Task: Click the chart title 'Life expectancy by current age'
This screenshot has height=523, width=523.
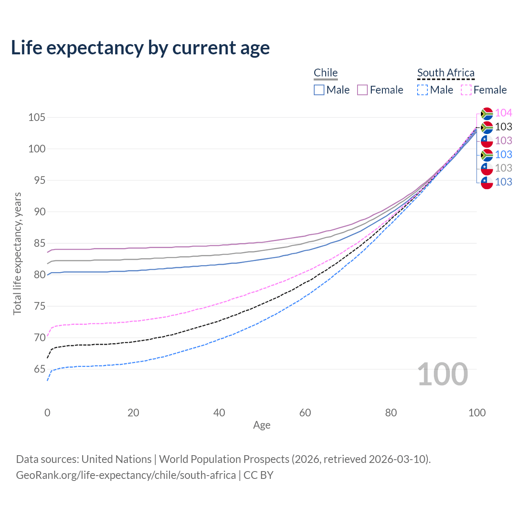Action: click(x=140, y=48)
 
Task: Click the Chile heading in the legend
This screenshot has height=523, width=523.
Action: click(x=326, y=73)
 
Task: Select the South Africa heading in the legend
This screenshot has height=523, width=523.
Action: click(x=446, y=73)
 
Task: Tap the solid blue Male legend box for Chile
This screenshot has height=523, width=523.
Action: click(x=319, y=90)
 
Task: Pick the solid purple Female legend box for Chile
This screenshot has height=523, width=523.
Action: click(x=362, y=90)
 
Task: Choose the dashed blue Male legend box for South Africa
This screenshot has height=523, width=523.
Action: click(x=422, y=90)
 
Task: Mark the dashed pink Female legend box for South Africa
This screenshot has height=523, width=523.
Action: click(x=466, y=90)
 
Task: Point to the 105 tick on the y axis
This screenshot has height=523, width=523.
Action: click(x=37, y=118)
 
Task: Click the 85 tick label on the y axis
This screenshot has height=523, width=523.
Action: click(x=37, y=244)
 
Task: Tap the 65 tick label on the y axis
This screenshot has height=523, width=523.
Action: click(x=37, y=369)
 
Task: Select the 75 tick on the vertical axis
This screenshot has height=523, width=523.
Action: click(x=37, y=306)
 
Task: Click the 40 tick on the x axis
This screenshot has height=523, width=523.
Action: click(x=219, y=413)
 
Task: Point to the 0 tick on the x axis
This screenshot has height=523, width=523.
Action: click(x=47, y=413)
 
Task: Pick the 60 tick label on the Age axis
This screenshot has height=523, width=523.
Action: click(x=305, y=413)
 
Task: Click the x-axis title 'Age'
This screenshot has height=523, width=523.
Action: click(x=262, y=425)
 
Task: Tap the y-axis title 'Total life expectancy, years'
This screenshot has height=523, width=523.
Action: click(x=17, y=254)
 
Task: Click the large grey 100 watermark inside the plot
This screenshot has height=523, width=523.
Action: click(x=443, y=374)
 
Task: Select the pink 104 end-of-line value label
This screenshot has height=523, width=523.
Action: click(x=504, y=113)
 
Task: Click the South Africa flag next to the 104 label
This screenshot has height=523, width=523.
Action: click(x=487, y=113)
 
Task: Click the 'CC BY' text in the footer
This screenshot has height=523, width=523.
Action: click(x=259, y=475)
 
